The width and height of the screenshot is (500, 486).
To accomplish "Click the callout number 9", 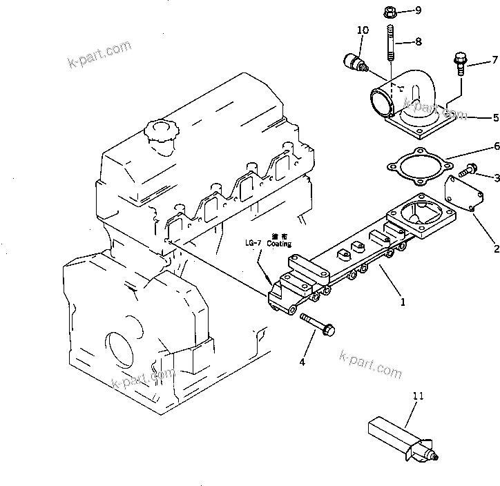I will click(418, 10).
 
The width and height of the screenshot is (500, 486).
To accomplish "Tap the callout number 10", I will click(363, 30).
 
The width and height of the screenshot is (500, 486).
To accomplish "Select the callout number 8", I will click(418, 41).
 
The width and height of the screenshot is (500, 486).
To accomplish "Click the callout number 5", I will click(495, 117).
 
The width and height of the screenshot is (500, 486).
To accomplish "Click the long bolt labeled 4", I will click(317, 324).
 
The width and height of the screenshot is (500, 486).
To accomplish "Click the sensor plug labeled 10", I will click(354, 63).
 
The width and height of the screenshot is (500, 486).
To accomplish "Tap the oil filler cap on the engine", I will click(158, 133).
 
